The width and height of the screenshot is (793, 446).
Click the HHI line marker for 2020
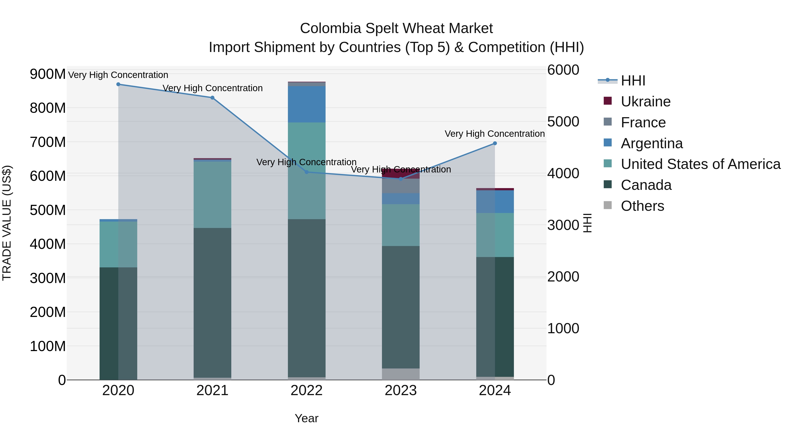pos(118,84)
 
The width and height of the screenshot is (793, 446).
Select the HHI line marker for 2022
pos(306,172)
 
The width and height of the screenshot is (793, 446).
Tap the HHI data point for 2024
pos(495,143)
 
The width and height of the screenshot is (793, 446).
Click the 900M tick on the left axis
pos(48,74)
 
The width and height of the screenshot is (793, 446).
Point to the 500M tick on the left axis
pos(48,210)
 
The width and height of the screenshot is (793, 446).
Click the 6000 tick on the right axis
pos(563,70)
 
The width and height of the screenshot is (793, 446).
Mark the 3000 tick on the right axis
pos(563,225)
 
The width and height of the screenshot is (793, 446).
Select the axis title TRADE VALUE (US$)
pos(7,223)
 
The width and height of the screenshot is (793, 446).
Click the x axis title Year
pos(306,418)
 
